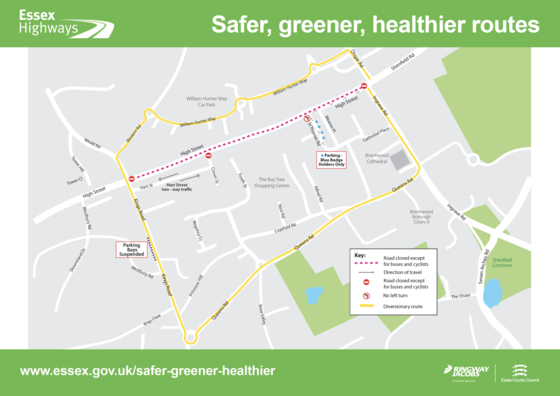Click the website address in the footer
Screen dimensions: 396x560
(x=147, y=371)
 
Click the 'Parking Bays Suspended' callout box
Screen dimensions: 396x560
(x=133, y=248)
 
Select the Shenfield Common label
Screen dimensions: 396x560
(x=502, y=264)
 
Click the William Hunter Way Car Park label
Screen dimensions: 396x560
(x=209, y=101)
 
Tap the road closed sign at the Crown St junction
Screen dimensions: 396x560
(x=208, y=155)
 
